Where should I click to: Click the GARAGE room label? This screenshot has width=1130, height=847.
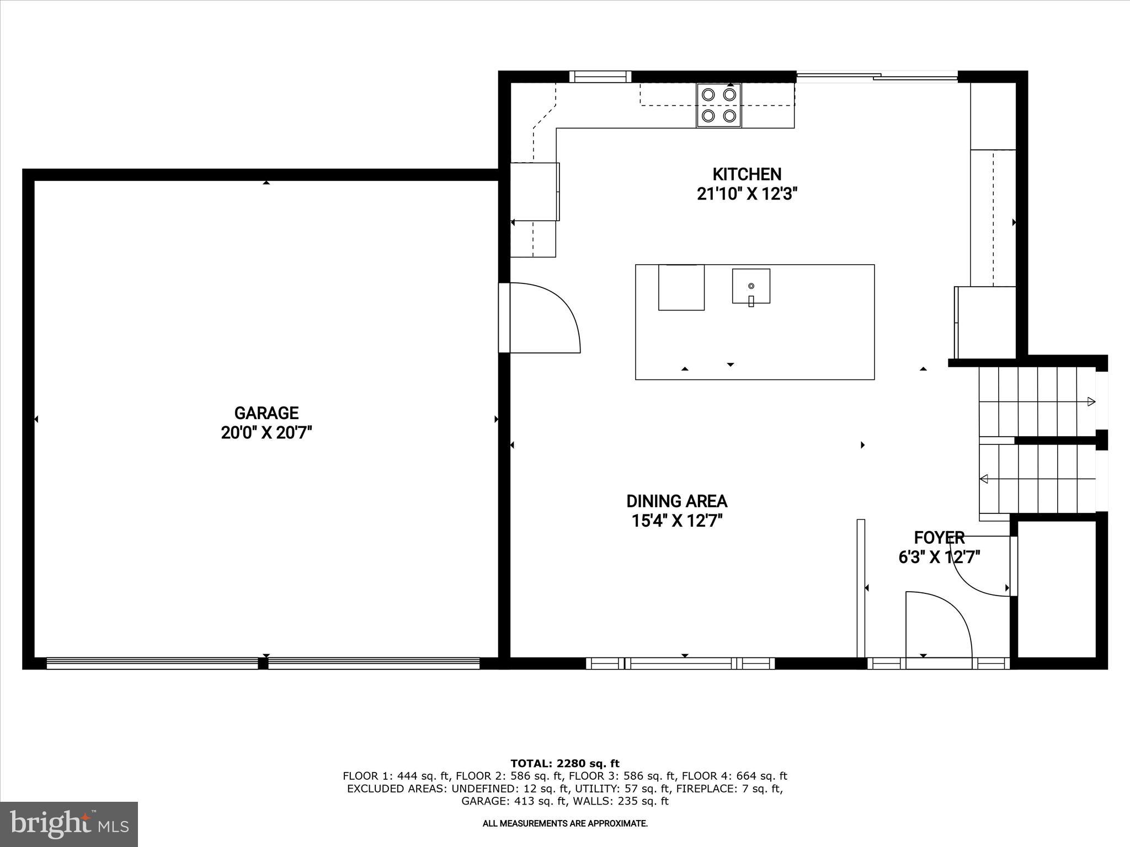(x=266, y=413)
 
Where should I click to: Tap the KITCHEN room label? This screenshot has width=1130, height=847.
(x=747, y=174)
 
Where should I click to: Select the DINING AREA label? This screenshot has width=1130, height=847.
(x=676, y=501)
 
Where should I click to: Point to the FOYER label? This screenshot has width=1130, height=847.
(x=939, y=538)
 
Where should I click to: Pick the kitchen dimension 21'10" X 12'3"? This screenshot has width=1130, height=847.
(x=747, y=194)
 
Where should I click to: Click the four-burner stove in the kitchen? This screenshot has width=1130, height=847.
(x=719, y=105)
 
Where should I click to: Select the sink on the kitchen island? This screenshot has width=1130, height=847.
(x=751, y=286)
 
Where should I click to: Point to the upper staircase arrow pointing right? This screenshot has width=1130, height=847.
(x=1090, y=401)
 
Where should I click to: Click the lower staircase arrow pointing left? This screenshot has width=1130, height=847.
(x=984, y=479)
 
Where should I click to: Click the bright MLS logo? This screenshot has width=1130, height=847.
(x=69, y=824)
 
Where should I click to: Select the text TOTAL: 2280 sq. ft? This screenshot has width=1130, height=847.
(x=565, y=763)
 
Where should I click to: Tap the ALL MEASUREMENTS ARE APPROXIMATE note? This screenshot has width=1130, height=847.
(x=565, y=823)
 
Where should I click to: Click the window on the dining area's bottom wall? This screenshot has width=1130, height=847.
(x=680, y=663)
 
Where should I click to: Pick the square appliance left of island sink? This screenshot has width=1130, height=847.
(x=681, y=287)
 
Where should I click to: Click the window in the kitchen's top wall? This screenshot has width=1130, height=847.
(x=600, y=77)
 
